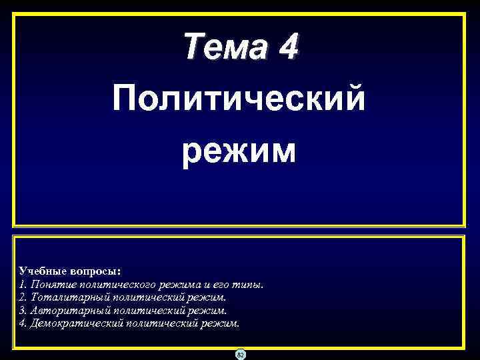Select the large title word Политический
pos(239,99)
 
